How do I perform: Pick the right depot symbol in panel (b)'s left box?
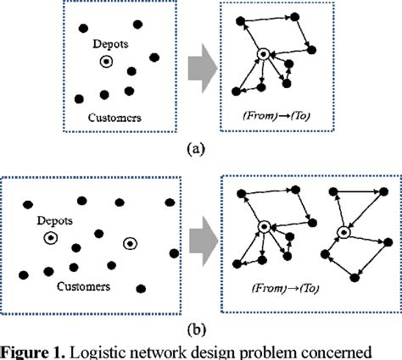pos(128,244)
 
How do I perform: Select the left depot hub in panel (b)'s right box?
pos(264,226)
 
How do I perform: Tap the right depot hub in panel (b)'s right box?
pos(344,231)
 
